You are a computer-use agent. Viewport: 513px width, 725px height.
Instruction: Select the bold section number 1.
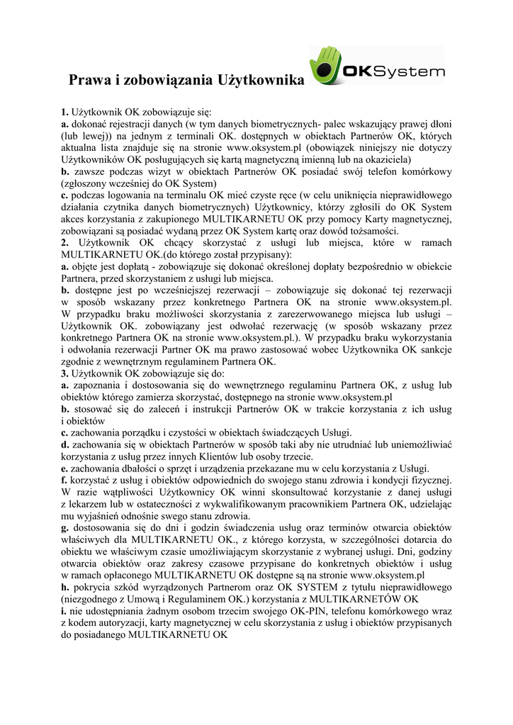click(64, 112)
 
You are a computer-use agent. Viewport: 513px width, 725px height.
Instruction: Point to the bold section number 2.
click(64, 243)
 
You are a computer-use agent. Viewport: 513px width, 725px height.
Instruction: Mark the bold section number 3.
click(64, 373)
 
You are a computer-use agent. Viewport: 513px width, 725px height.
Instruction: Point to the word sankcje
click(432, 350)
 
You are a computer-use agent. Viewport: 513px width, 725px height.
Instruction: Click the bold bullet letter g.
click(64, 528)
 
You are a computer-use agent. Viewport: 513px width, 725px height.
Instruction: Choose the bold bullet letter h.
click(64, 587)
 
